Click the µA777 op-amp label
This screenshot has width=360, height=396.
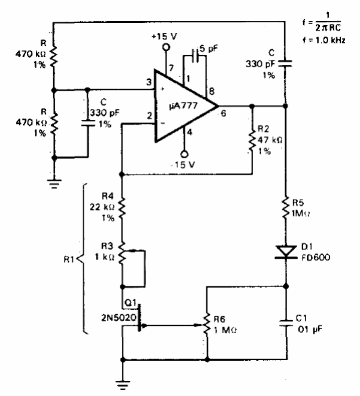tap(183, 106)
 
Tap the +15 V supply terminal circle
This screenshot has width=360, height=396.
tap(166, 47)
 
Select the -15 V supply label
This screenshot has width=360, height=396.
tap(183, 165)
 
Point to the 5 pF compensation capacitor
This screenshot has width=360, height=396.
tap(195, 56)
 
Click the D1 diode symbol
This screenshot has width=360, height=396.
tap(286, 252)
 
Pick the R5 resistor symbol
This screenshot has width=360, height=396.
tap(286, 207)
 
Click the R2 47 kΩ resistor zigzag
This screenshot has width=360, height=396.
tap(252, 141)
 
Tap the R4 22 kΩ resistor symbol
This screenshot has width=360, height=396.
tap(122, 208)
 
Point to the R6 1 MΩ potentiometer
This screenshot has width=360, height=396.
tap(207, 325)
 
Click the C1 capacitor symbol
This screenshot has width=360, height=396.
tap(286, 324)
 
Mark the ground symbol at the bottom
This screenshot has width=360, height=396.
tap(123, 385)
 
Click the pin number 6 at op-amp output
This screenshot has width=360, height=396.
tap(223, 114)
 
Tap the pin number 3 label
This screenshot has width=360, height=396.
tap(149, 82)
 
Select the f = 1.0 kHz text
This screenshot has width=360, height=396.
tap(324, 40)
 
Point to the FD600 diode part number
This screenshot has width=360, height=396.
tap(316, 258)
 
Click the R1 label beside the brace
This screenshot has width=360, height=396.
tap(69, 259)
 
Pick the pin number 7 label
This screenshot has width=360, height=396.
tap(171, 68)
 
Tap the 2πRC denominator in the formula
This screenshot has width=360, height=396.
tap(328, 28)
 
